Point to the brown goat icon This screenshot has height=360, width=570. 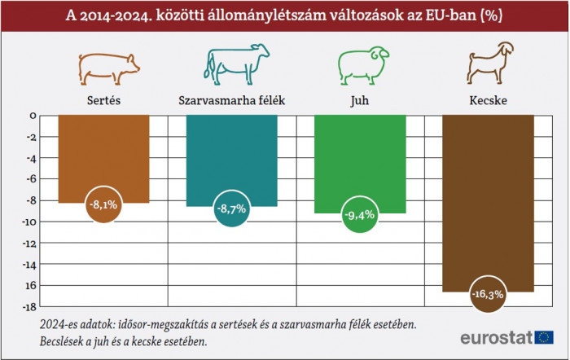(x=487, y=62)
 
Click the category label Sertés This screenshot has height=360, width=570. (x=104, y=101)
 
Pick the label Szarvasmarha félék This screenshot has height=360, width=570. (x=231, y=101)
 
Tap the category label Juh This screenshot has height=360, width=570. (x=359, y=101)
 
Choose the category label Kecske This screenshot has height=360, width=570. (x=487, y=101)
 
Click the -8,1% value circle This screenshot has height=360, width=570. (x=104, y=205)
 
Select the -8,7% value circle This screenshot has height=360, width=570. (x=231, y=209)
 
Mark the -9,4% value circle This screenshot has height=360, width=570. (x=359, y=215)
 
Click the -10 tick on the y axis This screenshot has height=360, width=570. (x=29, y=222)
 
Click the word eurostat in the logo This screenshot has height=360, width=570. (x=496, y=337)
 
